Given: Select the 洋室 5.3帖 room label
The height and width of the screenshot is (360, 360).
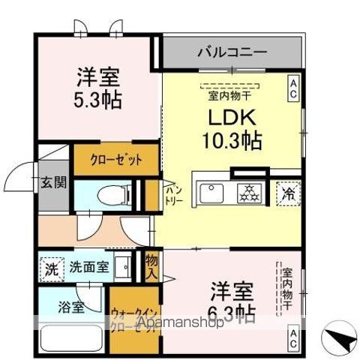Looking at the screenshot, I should click(98, 87).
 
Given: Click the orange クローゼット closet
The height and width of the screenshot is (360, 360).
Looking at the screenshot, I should click(116, 159).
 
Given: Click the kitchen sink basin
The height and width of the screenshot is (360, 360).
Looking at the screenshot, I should click(213, 193).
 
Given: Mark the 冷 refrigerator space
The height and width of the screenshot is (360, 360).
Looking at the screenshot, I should click(289, 192).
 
